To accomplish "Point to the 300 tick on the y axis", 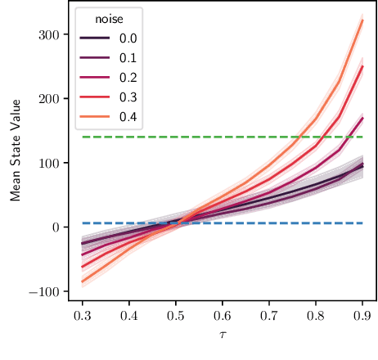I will (50, 35).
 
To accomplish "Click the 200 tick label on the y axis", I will (50, 99).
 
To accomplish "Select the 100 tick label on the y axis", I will (50, 163).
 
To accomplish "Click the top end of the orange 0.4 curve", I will (362, 20).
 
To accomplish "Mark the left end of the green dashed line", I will (83, 137).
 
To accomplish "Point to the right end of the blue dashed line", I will (362, 223).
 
